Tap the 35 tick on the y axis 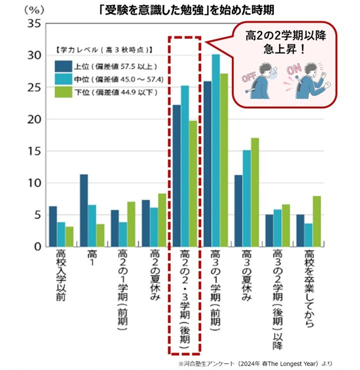tap(33, 23)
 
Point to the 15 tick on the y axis tap(33, 151)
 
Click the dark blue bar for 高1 tap(83, 210)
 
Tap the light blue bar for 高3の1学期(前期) tap(215, 150)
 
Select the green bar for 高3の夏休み tap(255, 192)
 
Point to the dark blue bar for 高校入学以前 tap(52, 226)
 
